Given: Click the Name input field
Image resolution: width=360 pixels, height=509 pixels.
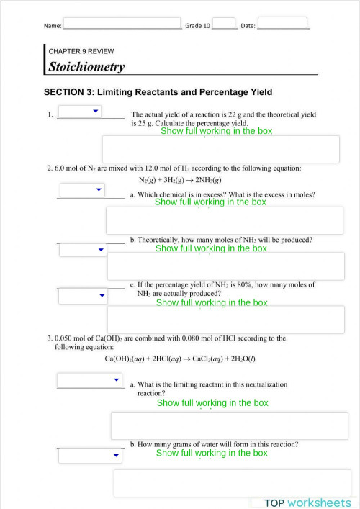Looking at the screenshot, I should click(122, 24).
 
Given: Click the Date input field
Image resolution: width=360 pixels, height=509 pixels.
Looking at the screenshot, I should click(282, 23).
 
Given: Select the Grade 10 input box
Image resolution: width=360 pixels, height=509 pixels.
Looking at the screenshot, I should click(224, 24).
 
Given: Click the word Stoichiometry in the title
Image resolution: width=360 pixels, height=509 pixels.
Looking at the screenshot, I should click(86, 67).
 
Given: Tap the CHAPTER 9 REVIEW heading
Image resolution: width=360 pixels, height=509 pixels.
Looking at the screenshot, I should click(81, 52).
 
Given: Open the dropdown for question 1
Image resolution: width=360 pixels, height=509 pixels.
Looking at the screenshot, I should click(80, 111).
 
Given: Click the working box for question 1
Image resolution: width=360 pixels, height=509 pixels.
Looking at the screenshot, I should click(220, 149).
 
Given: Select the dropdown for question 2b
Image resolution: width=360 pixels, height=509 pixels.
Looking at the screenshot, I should click(82, 250).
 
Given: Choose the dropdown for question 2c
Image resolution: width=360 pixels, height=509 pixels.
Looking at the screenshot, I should click(82, 296).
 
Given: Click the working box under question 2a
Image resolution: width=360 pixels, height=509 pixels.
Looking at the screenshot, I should click(225, 220).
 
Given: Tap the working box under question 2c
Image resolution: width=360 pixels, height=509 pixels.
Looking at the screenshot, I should click(225, 320).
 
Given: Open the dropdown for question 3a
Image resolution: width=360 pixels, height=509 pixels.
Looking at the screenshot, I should click(90, 379).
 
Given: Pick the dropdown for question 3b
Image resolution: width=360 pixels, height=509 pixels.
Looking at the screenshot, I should click(90, 456).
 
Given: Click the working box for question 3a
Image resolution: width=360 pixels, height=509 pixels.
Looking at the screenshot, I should click(230, 425).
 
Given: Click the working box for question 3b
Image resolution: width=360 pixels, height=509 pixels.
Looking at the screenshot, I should click(232, 482).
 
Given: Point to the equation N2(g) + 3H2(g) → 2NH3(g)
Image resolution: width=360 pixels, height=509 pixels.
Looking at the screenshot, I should click(179, 180).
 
